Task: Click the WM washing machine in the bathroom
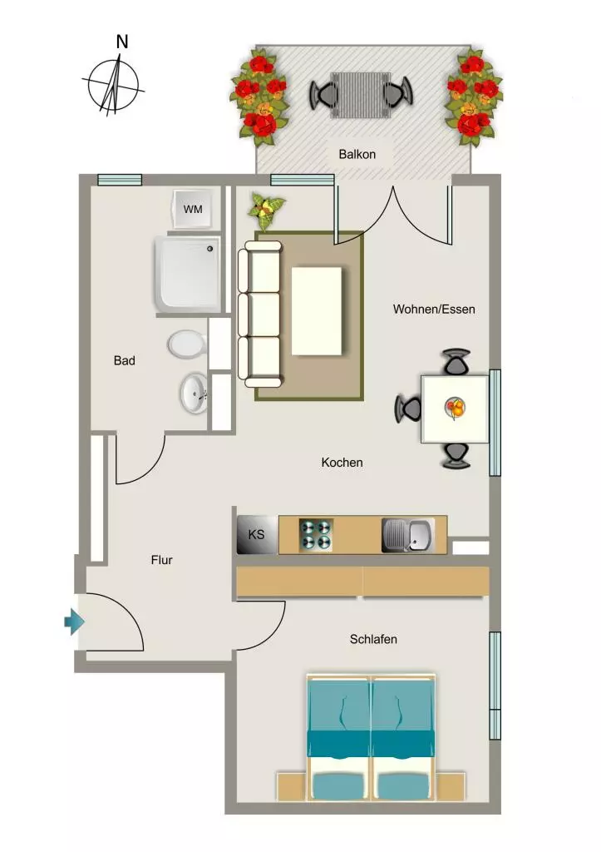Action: click(x=192, y=209)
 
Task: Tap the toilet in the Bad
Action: click(x=187, y=344)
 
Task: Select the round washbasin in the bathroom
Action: click(x=194, y=394)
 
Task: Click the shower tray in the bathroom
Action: click(x=188, y=274)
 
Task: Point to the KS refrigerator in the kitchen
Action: click(x=258, y=535)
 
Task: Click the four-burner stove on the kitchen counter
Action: click(x=316, y=535)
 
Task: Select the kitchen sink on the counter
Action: click(x=407, y=535)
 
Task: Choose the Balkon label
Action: click(x=357, y=154)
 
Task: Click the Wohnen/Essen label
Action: click(x=434, y=310)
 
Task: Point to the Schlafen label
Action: click(x=373, y=639)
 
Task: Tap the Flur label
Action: click(x=162, y=560)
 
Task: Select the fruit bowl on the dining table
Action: click(x=455, y=408)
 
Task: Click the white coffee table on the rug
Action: click(x=317, y=311)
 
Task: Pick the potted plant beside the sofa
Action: click(x=266, y=211)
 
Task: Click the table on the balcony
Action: click(x=361, y=95)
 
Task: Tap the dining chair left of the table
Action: click(x=408, y=409)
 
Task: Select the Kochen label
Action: click(x=342, y=463)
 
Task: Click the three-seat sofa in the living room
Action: click(x=260, y=314)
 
